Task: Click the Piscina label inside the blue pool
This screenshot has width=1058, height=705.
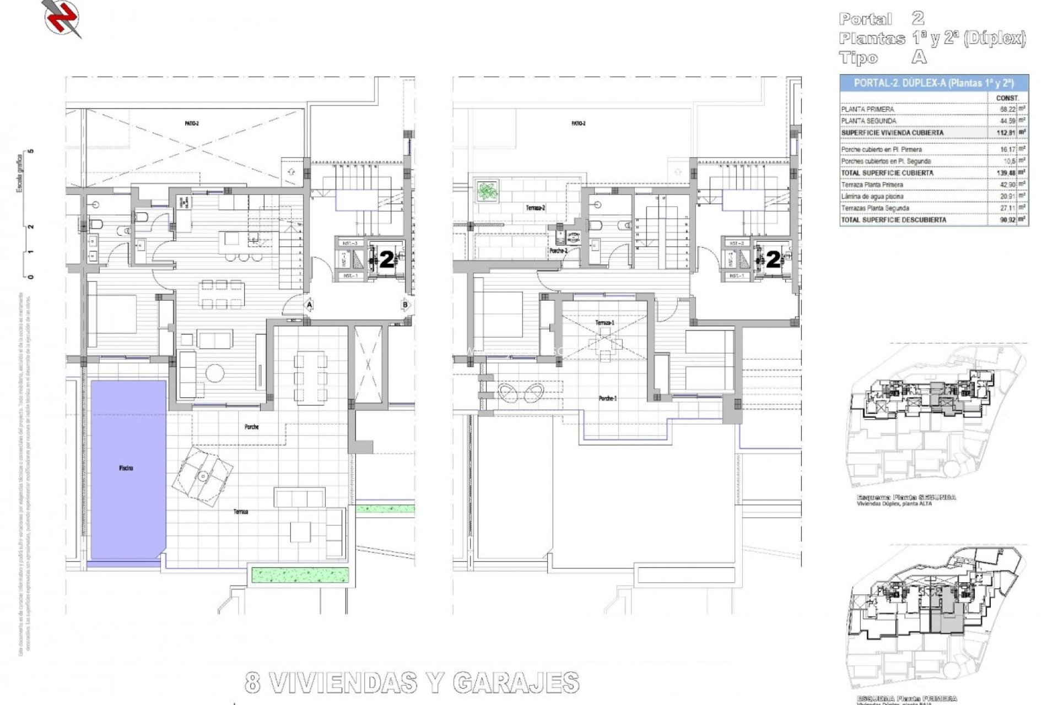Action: [x=126, y=468]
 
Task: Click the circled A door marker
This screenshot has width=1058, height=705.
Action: [x=309, y=304]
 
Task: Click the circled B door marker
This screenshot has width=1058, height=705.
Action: [x=406, y=304]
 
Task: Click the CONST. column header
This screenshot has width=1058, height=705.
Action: [x=1007, y=98]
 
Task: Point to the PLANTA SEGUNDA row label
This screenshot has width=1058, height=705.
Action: [x=868, y=121]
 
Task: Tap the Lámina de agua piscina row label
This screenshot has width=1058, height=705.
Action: [x=872, y=197]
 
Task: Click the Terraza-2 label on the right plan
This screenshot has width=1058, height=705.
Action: [x=535, y=208]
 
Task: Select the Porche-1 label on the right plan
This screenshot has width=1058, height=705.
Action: [x=607, y=398]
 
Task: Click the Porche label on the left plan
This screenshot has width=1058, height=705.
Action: [x=251, y=427]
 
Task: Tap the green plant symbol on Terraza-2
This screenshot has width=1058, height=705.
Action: [x=487, y=191]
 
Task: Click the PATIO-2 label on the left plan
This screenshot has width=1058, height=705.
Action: [x=192, y=123]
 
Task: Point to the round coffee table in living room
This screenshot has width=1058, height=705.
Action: [x=214, y=373]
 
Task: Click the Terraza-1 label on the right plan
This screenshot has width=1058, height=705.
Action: [x=604, y=323]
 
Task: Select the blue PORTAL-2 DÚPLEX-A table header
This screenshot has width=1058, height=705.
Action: [x=933, y=83]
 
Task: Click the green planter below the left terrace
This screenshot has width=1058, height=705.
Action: [x=300, y=575]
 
